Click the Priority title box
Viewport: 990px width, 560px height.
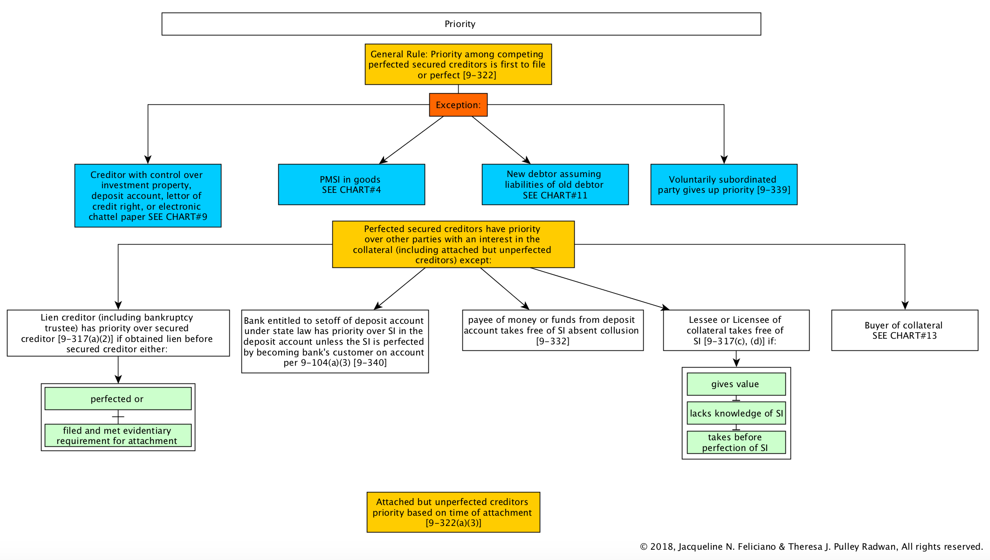click(461, 24)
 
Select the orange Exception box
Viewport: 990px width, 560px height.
click(458, 105)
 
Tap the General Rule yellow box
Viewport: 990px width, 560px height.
click(458, 64)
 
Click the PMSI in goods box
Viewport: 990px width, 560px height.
click(351, 184)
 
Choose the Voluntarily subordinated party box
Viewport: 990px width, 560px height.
click(724, 184)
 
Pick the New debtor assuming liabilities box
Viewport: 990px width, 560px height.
click(555, 184)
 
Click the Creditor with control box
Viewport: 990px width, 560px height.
click(148, 196)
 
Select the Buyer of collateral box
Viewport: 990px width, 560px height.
click(905, 330)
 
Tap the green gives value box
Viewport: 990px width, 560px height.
click(736, 384)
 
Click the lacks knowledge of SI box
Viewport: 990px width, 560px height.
click(736, 413)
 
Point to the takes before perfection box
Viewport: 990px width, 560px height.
click(736, 442)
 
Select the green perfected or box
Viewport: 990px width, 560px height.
click(118, 399)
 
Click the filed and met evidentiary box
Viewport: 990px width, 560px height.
click(118, 435)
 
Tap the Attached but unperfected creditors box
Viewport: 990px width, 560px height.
click(453, 512)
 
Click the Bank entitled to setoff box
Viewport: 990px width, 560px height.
click(335, 341)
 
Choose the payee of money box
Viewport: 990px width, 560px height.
click(553, 330)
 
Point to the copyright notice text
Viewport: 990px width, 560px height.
click(811, 546)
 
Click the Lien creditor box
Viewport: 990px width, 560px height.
click(118, 333)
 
